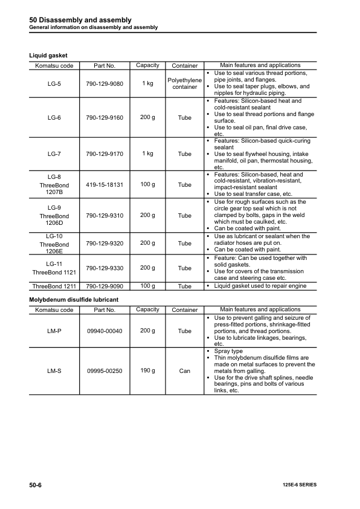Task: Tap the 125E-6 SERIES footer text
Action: click(x=299, y=485)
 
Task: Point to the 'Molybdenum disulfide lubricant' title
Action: click(x=74, y=300)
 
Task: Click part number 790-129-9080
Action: click(x=104, y=83)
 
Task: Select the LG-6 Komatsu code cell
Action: click(x=54, y=117)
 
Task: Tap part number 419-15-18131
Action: click(x=104, y=184)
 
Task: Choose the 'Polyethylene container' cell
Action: click(x=185, y=83)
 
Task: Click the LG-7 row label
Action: click(x=54, y=154)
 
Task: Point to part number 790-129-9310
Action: click(x=104, y=215)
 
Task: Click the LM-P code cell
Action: click(x=54, y=331)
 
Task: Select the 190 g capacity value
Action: click(x=147, y=371)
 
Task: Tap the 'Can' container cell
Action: click(x=185, y=371)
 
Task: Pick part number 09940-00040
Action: click(x=104, y=331)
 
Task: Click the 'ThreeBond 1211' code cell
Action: click(x=54, y=286)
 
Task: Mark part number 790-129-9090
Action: click(x=104, y=286)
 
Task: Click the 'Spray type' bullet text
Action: click(x=229, y=351)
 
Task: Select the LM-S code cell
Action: click(x=54, y=371)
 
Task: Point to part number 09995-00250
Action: click(x=104, y=371)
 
